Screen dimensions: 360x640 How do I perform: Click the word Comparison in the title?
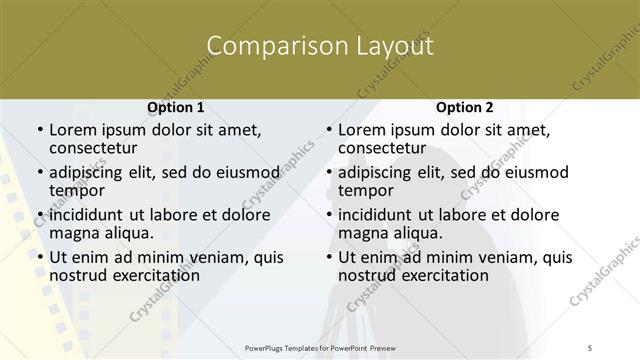click(x=268, y=46)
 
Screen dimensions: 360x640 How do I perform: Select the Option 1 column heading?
click(x=176, y=108)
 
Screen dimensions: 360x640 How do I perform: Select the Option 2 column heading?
click(x=465, y=108)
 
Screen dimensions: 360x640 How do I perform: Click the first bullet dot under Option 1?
click(x=39, y=131)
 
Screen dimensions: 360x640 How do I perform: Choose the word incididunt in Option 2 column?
click(x=375, y=215)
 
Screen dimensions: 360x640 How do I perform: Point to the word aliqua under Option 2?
click(x=421, y=233)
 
